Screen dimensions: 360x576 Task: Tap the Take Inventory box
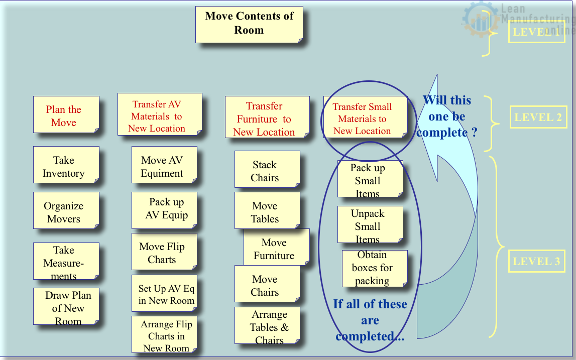(x=66, y=165)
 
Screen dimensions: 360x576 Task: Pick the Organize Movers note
(x=66, y=211)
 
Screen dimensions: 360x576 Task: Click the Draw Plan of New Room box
(x=66, y=306)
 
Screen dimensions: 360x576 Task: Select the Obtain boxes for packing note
(x=374, y=268)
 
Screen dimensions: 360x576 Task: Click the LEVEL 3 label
(x=536, y=261)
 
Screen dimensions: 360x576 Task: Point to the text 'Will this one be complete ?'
(x=446, y=116)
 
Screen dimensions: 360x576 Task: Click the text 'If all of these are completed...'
(x=370, y=320)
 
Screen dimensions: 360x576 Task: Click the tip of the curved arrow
(x=436, y=75)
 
